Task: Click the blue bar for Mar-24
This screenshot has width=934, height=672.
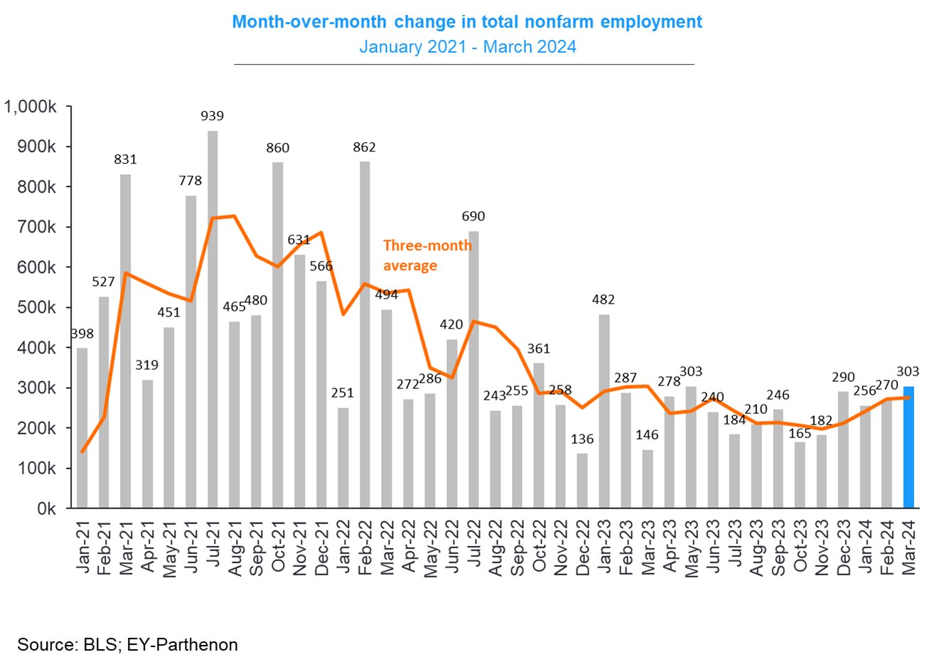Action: (908, 447)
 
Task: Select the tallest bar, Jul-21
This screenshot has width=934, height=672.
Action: (213, 320)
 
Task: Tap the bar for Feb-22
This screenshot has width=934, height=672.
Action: (365, 334)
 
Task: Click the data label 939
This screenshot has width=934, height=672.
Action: (212, 116)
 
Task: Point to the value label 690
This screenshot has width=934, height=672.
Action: (473, 216)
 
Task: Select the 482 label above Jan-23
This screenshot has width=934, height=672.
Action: (603, 299)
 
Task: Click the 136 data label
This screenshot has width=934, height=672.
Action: (582, 439)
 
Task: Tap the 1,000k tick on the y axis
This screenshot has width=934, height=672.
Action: (31, 107)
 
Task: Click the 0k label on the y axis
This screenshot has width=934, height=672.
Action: (46, 509)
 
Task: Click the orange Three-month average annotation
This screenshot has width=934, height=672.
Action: (426, 255)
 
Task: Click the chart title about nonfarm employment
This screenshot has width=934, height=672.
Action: (467, 22)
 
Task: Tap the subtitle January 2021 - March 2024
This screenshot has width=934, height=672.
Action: (467, 47)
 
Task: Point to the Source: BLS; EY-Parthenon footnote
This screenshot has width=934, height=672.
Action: (128, 645)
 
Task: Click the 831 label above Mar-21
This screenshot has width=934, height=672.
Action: (125, 159)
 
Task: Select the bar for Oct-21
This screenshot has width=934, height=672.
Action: (278, 335)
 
